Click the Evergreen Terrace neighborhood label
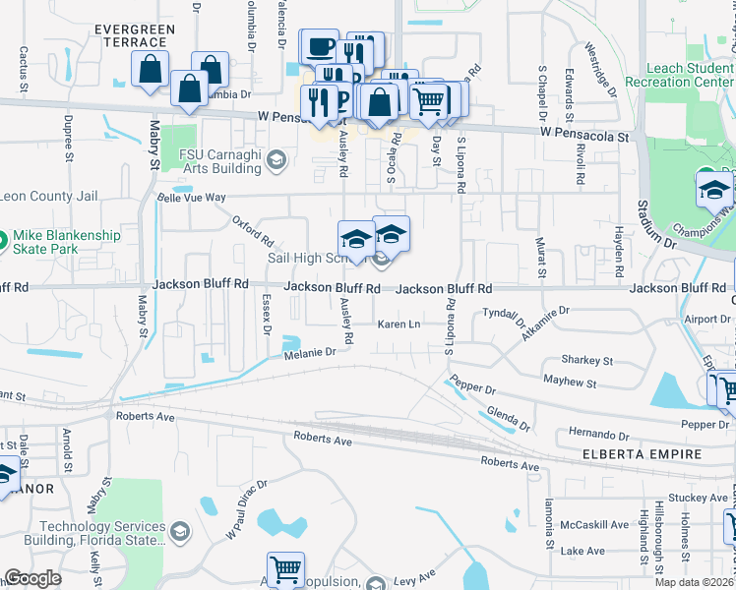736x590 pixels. [x=135, y=36]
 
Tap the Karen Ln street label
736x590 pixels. [x=400, y=324]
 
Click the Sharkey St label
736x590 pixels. [x=586, y=361]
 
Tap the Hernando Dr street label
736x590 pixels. [x=599, y=435]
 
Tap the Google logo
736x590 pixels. [x=32, y=578]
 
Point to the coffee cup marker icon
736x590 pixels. [x=319, y=46]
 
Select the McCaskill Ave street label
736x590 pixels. [x=594, y=524]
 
